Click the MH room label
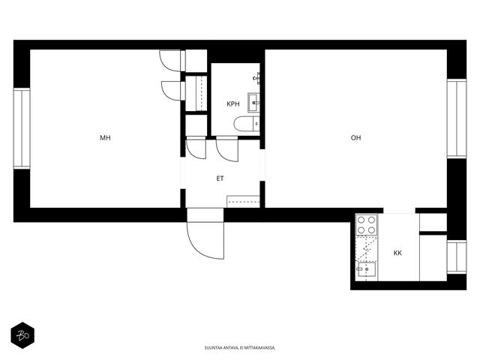105,138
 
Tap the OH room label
355,138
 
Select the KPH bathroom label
233,104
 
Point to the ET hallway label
220,178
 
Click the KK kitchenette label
397,253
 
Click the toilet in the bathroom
247,124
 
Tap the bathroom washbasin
253,103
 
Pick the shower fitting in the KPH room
256,78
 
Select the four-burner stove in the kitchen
367,225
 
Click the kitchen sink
367,269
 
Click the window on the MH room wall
22,128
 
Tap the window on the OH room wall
457,118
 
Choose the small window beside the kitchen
457,257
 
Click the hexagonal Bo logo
22,335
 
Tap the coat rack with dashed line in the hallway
243,202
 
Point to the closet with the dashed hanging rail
196,93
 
